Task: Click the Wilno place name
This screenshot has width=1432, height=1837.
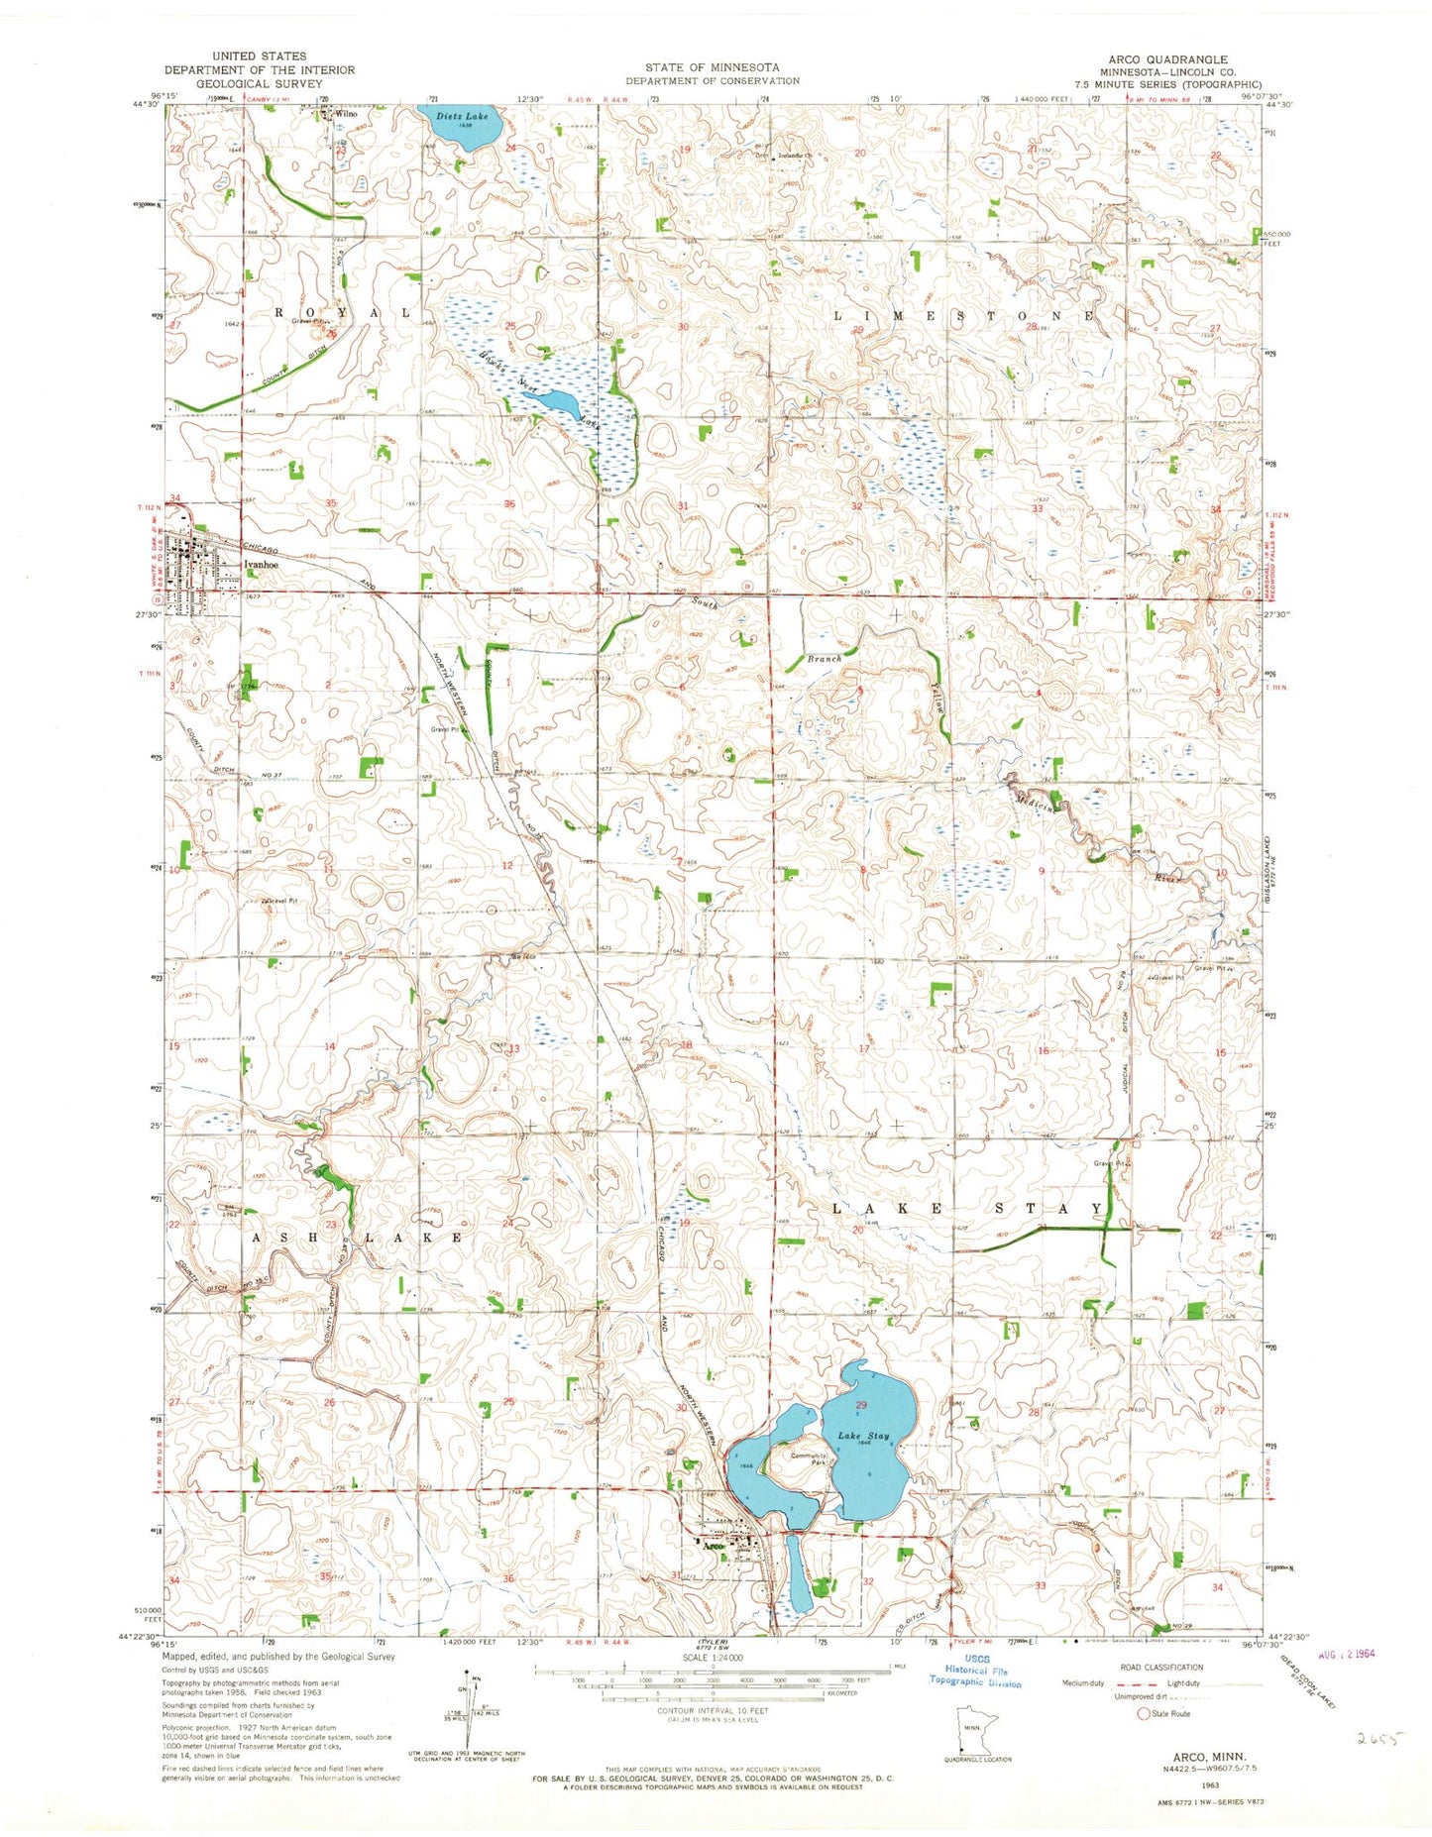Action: point(345,113)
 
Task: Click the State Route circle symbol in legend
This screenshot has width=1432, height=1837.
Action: point(1144,1713)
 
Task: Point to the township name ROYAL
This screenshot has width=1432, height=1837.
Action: point(341,311)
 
